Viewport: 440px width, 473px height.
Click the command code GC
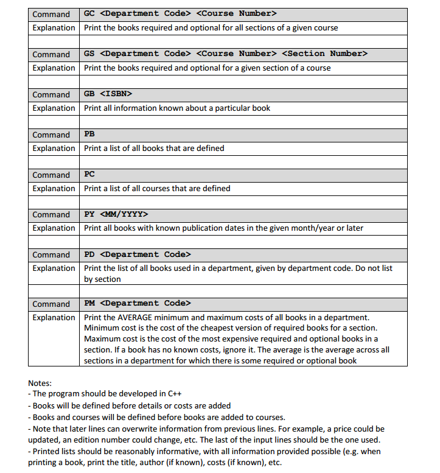click(89, 13)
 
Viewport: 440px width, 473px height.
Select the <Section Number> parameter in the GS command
click(325, 54)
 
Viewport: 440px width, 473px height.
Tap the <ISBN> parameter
click(116, 94)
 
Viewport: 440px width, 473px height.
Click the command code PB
click(89, 134)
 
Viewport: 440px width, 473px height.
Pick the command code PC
click(89, 174)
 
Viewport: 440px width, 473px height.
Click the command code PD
click(89, 254)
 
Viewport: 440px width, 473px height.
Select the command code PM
click(89, 303)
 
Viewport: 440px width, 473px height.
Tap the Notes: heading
click(40, 383)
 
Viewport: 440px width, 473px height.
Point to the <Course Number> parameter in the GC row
click(237, 13)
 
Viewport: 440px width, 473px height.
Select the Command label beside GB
click(51, 94)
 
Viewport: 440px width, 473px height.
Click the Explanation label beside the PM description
click(54, 317)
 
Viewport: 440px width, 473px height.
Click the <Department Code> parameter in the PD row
click(145, 254)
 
